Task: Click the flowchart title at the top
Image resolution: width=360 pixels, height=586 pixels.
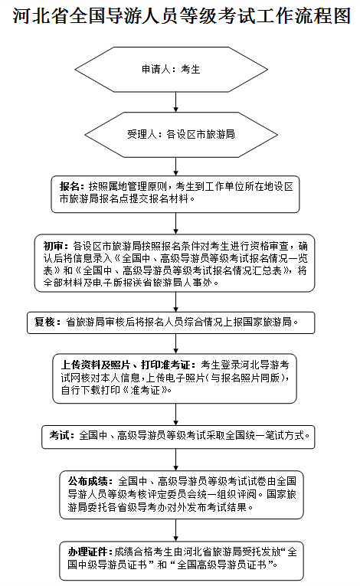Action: click(x=182, y=15)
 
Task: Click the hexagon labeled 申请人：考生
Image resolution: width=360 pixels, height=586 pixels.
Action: click(x=172, y=70)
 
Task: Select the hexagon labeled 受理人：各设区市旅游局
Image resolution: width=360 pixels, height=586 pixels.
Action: click(x=181, y=135)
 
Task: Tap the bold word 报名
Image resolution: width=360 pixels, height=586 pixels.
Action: click(x=70, y=186)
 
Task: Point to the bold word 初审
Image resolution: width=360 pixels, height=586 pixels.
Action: click(x=54, y=247)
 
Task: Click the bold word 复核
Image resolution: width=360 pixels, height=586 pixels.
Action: click(x=44, y=322)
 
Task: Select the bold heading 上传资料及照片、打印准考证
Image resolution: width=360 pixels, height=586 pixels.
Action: click(x=126, y=365)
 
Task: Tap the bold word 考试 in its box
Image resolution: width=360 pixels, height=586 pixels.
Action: click(x=59, y=435)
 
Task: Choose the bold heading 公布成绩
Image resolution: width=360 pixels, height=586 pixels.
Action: click(x=87, y=481)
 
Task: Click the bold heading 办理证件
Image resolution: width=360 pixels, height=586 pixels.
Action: click(x=87, y=552)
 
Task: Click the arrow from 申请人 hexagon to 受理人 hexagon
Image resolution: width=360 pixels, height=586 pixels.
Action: click(x=175, y=102)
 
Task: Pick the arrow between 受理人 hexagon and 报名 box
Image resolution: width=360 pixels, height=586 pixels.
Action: click(x=175, y=166)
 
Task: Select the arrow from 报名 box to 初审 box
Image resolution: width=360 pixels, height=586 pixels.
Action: click(x=175, y=224)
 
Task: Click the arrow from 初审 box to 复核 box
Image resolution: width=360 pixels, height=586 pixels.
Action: click(x=175, y=302)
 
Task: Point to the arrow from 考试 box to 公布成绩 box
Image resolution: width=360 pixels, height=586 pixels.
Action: click(x=175, y=460)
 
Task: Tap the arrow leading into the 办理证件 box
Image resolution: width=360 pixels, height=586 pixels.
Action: click(x=175, y=530)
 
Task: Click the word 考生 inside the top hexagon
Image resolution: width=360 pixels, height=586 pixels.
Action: click(x=191, y=70)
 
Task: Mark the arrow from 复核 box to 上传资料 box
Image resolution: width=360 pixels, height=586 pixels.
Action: click(x=175, y=344)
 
